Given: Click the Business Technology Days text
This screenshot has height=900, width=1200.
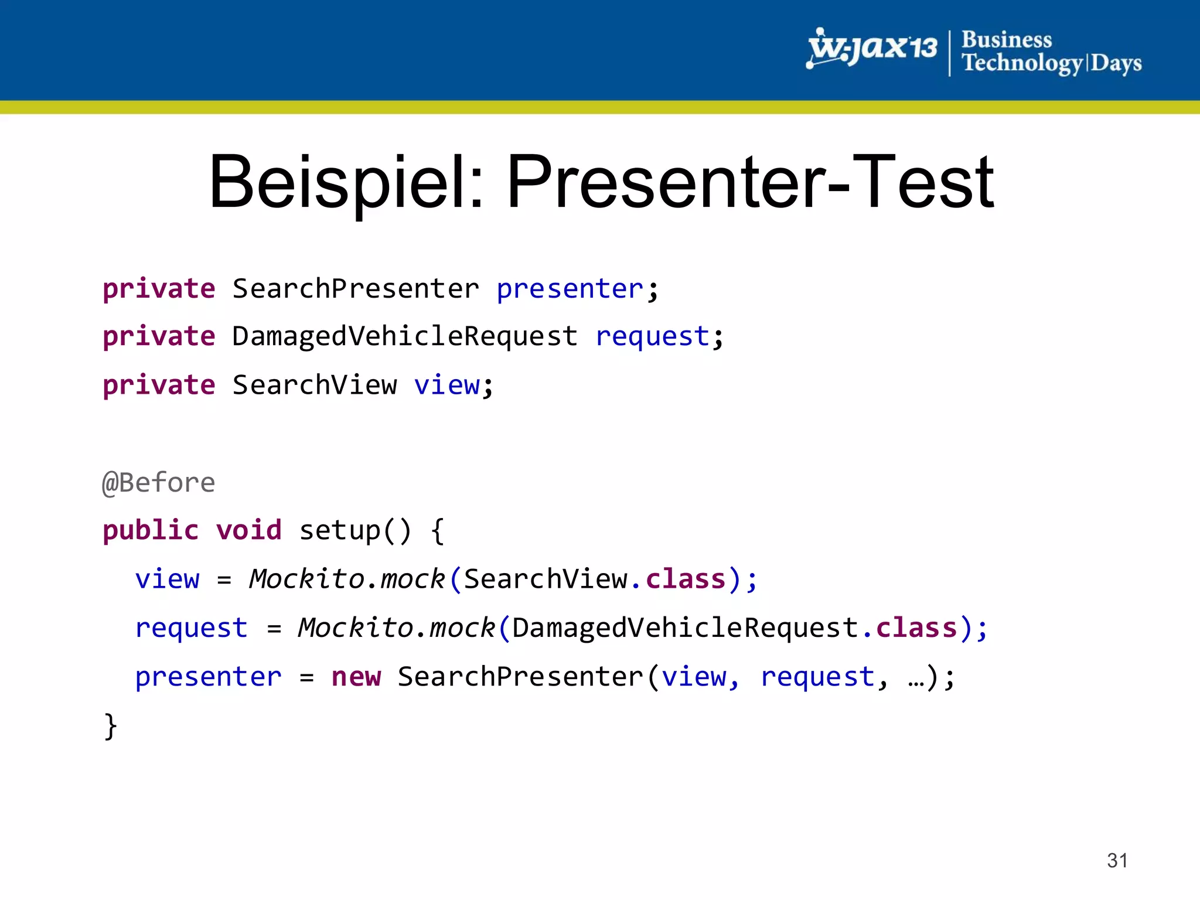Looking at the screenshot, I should pos(1051,52).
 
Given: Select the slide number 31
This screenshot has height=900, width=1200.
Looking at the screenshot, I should pos(1117,860).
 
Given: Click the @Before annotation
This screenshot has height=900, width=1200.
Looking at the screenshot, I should pos(159,483).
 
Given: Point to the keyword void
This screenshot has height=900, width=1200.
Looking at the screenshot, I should pos(248,530).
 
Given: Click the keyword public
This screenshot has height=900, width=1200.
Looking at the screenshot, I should pos(151,530).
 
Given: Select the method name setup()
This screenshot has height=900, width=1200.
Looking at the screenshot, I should pos(355,530).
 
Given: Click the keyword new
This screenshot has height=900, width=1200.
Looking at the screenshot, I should pos(356,677).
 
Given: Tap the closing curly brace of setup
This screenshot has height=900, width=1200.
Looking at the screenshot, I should pos(110,727).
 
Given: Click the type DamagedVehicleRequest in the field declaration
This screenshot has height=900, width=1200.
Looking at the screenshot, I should pos(405,336).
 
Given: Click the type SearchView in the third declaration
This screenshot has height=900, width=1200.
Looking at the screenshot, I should pos(315,385).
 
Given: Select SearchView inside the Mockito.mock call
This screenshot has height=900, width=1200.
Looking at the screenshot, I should pos(545,579).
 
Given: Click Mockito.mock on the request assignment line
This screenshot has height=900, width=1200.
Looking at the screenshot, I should pos(397,628).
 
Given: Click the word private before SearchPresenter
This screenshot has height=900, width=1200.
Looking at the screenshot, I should pos(159,289).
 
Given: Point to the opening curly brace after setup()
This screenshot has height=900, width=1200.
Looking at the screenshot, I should pos(437,531).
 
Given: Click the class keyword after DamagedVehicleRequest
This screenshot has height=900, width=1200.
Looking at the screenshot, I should pos(916,628).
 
